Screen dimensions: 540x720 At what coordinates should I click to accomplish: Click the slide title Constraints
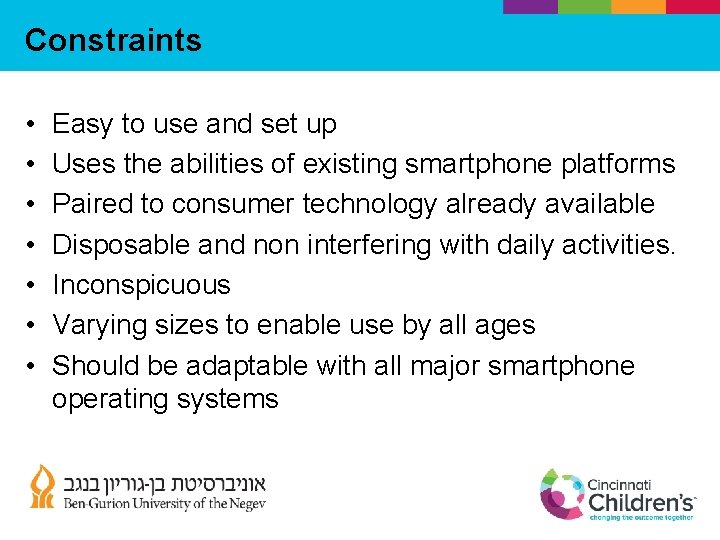(113, 40)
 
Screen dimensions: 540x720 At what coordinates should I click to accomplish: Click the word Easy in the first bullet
(82, 124)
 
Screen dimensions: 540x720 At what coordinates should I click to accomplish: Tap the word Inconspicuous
(141, 285)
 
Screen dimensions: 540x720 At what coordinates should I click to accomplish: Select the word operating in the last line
(110, 399)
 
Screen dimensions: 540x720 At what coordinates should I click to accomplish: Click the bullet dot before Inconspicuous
(31, 285)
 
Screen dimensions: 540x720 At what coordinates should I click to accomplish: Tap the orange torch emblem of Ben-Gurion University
(42, 488)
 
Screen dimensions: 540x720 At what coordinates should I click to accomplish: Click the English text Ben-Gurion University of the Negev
(164, 504)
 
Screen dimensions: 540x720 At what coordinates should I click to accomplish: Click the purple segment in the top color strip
(530, 6)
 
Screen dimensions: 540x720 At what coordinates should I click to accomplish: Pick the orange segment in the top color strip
(638, 6)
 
